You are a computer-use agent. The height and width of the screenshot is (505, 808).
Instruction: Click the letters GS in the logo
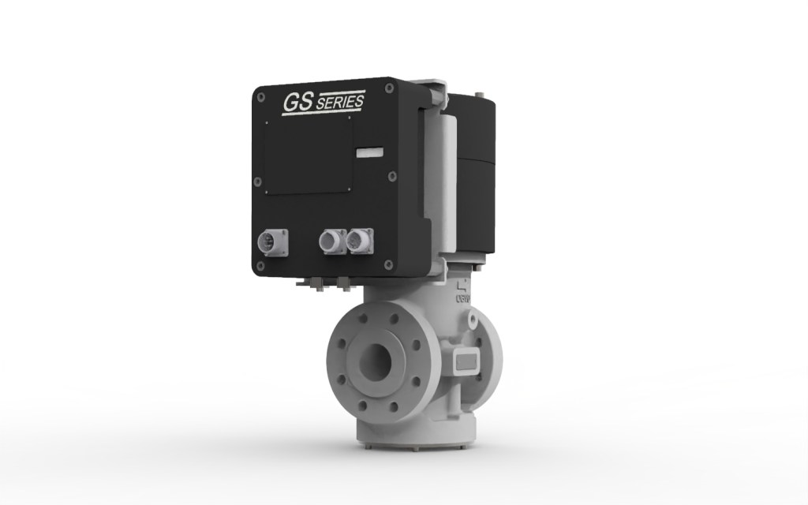click(x=297, y=103)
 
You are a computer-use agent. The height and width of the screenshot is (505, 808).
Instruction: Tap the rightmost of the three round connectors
click(x=359, y=240)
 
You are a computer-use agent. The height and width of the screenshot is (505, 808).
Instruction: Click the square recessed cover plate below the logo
click(x=308, y=155)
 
